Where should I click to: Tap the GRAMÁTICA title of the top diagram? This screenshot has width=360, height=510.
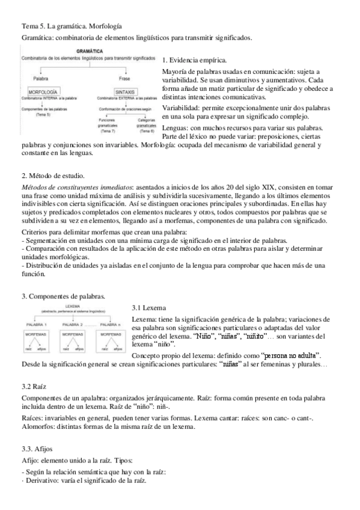click(87, 52)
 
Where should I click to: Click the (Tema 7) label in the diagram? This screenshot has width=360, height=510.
click(107, 130)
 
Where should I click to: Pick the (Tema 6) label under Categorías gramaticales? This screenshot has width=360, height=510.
click(143, 130)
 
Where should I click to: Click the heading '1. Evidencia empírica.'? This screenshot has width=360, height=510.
click(195, 61)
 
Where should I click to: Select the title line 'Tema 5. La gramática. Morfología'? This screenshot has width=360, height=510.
click(72, 26)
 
